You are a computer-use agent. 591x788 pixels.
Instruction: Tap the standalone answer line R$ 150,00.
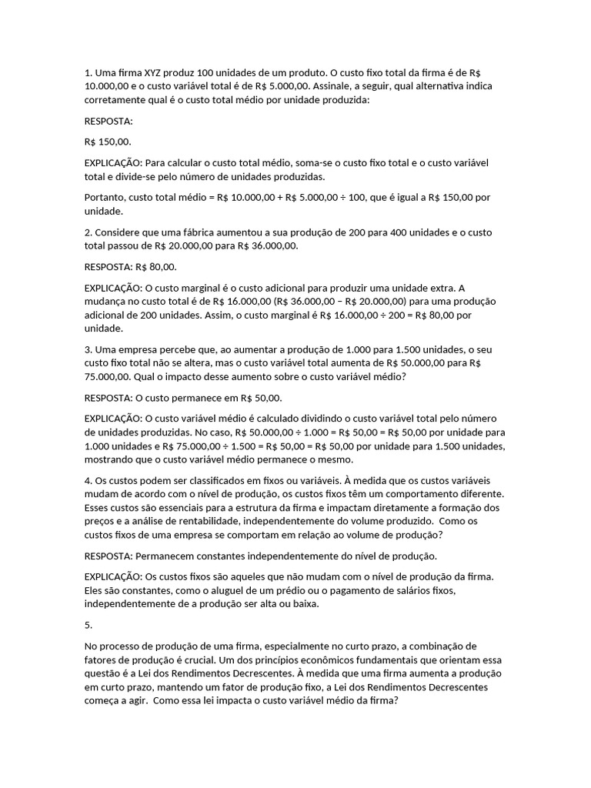pyautogui.click(x=108, y=142)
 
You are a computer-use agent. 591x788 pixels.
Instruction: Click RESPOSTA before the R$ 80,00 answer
pyautogui.click(x=109, y=266)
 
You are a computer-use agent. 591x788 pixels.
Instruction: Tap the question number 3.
pyautogui.click(x=88, y=349)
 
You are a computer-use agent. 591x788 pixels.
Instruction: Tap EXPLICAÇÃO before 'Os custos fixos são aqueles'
pyautogui.click(x=114, y=576)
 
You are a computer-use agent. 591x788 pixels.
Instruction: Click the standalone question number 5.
pyautogui.click(x=88, y=625)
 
